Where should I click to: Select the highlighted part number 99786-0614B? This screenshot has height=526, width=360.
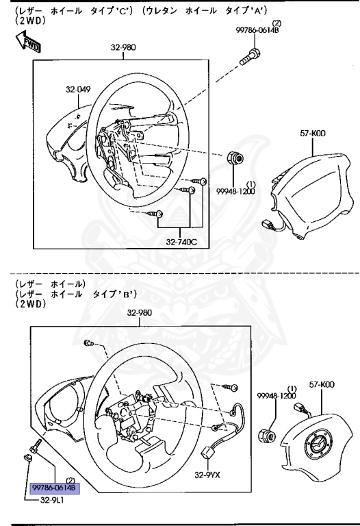(55, 488)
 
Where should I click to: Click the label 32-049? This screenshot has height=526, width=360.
(79, 89)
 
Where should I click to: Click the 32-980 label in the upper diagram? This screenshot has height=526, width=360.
(124, 49)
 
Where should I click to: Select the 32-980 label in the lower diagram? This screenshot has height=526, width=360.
(140, 313)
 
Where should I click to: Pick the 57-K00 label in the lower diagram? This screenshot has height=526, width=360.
(322, 386)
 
